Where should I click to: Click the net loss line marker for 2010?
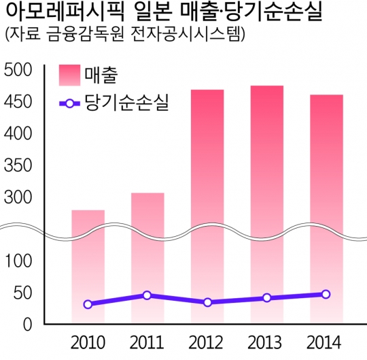[88, 304]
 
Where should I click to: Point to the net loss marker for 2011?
[147, 295]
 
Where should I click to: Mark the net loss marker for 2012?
[207, 302]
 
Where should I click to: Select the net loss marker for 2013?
[266, 298]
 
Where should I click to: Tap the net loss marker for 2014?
[326, 295]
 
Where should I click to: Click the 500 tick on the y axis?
[18, 71]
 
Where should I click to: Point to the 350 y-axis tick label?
[18, 166]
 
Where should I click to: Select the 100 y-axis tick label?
[18, 261]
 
